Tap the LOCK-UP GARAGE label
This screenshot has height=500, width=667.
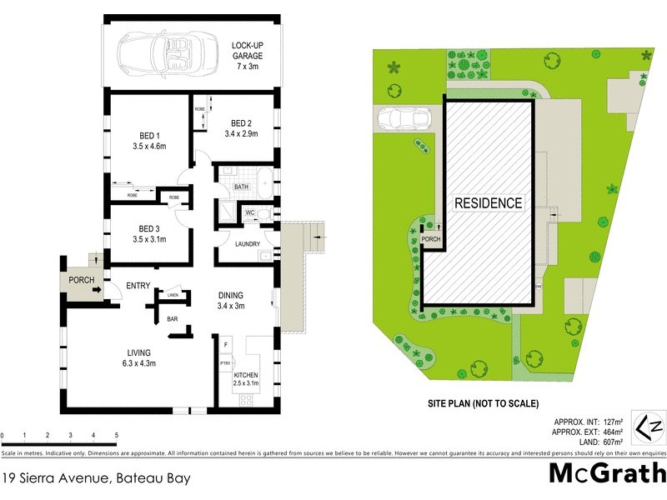[x=247, y=51]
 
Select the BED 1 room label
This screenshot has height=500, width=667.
[x=150, y=140]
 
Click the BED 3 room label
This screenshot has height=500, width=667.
[x=149, y=233]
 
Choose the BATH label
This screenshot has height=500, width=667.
[x=243, y=187]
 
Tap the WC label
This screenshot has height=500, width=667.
[x=249, y=213]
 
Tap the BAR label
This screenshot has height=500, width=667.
[x=173, y=318]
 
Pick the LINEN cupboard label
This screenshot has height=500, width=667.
[x=173, y=295]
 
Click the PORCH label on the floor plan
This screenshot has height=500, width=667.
[x=81, y=280]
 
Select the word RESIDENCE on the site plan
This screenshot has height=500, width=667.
[x=488, y=203]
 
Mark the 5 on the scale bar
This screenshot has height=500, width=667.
[x=117, y=436]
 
